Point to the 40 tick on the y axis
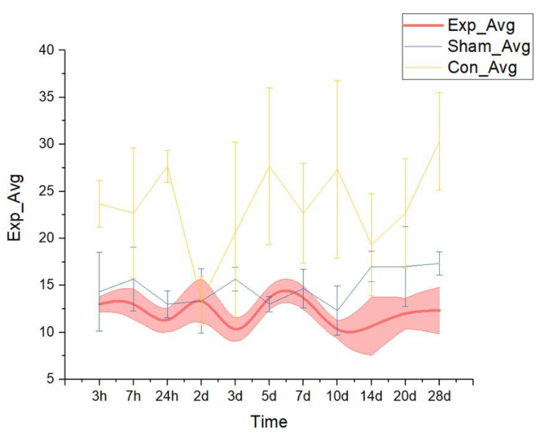(47, 50)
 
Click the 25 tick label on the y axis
(47, 191)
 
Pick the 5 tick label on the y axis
(51, 380)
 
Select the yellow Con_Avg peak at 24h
(167, 165)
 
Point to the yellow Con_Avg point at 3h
(99, 204)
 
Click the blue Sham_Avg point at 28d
(439, 264)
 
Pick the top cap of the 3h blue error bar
(99, 252)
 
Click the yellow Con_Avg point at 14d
(371, 245)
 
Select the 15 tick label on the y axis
(47, 285)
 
